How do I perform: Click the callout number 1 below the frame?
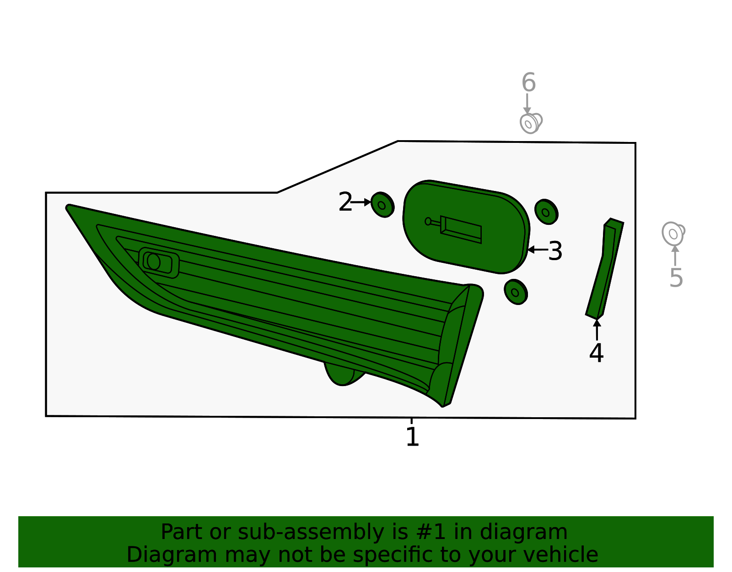(412, 436)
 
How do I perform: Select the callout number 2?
(345, 202)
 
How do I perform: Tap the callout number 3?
(555, 251)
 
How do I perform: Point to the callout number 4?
(596, 353)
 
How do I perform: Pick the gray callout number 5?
(676, 278)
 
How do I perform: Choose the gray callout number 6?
(528, 82)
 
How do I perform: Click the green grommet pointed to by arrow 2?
(382, 205)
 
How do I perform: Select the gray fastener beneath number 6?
(531, 123)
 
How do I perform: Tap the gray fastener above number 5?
(673, 233)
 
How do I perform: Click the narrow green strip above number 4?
(605, 269)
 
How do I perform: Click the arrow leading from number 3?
(538, 250)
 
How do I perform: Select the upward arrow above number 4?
(597, 330)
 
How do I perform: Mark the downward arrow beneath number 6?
(527, 104)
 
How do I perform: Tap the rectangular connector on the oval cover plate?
(461, 229)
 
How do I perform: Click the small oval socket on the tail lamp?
(159, 262)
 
